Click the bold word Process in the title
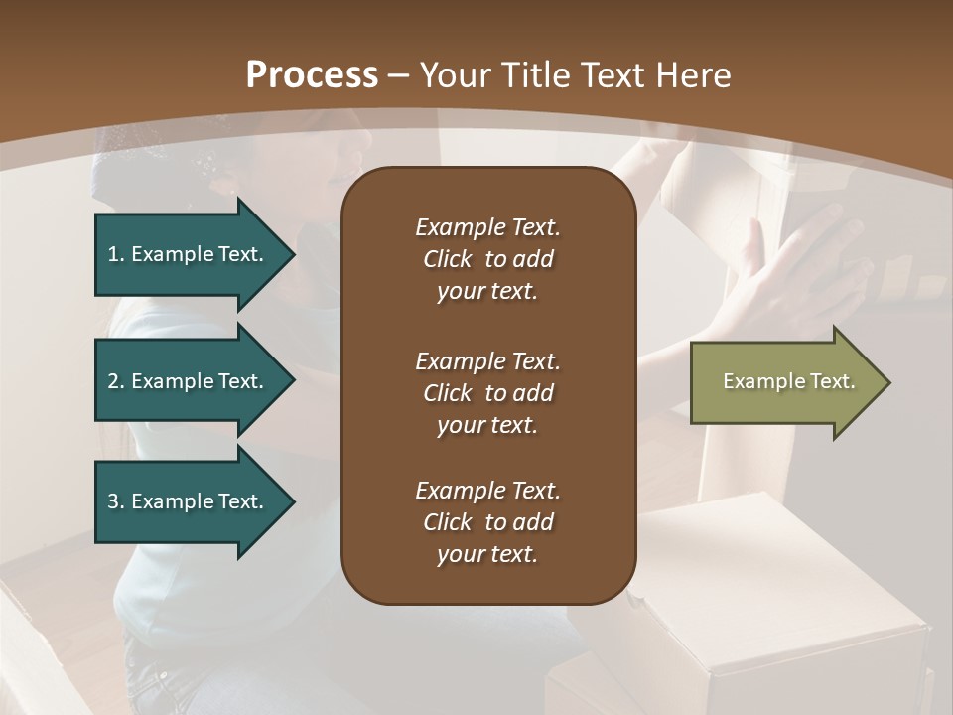(x=312, y=75)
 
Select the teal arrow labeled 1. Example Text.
(x=189, y=254)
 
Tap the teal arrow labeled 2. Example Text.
(x=189, y=381)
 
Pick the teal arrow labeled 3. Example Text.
(x=189, y=501)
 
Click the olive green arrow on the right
(x=784, y=382)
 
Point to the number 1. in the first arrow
(x=116, y=254)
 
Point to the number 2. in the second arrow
(x=116, y=381)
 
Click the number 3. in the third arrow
(x=116, y=501)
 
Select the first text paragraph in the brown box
(x=487, y=259)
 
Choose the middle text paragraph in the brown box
(x=487, y=393)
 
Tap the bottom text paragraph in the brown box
(x=487, y=522)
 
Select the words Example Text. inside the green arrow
(x=788, y=381)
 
